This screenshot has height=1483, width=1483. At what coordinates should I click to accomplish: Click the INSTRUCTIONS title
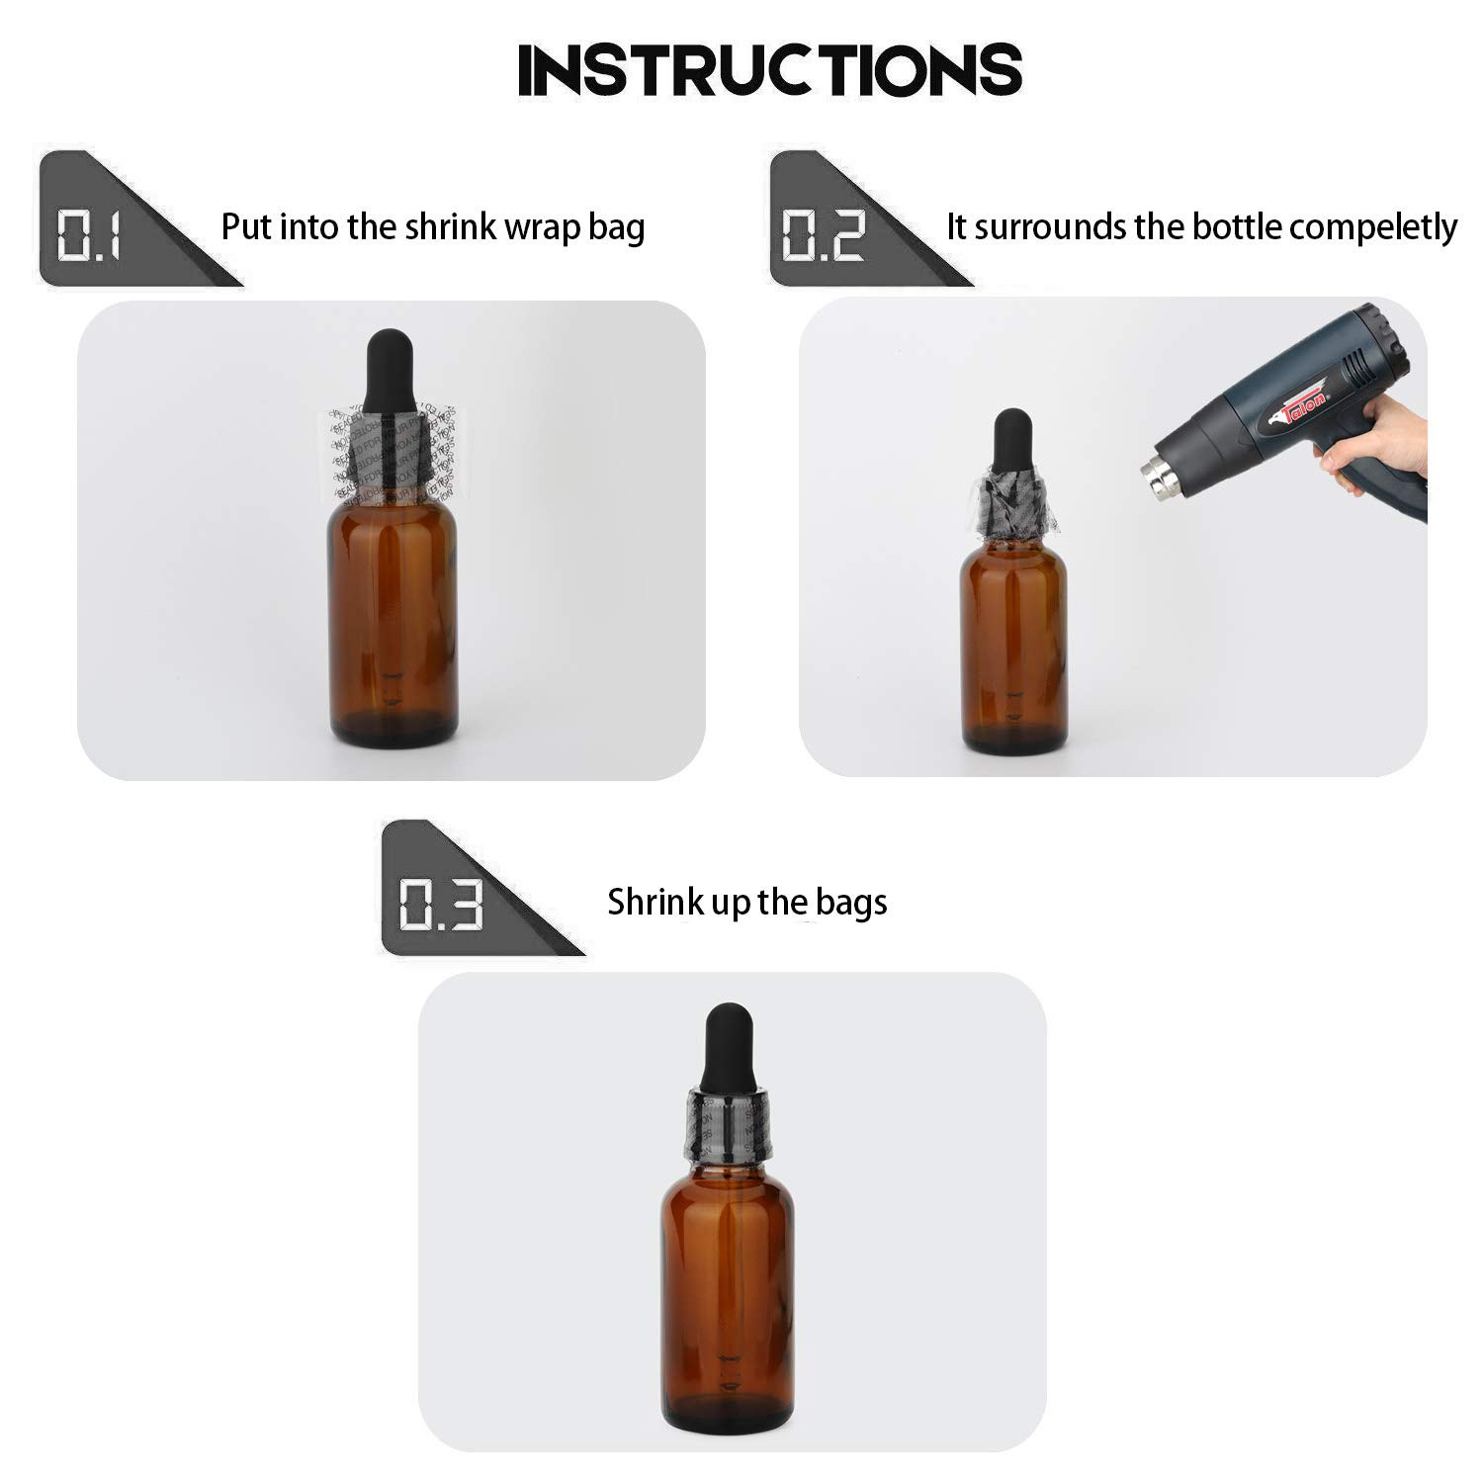click(x=769, y=69)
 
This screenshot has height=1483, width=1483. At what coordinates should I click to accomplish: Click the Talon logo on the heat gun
click(x=1300, y=406)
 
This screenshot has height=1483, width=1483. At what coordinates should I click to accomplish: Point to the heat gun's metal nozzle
click(x=1162, y=475)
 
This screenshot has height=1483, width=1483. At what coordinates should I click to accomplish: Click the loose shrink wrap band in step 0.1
click(x=392, y=450)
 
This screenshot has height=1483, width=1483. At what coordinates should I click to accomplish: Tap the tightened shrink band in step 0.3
click(x=727, y=1124)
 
